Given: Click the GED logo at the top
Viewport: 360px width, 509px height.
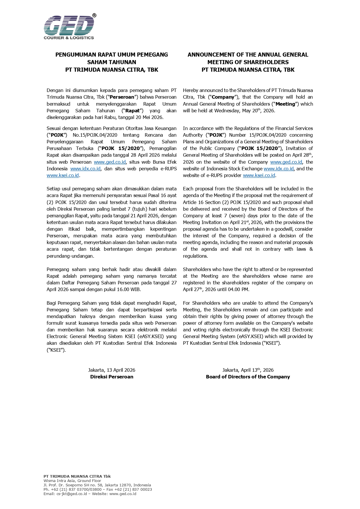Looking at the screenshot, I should coord(69,26).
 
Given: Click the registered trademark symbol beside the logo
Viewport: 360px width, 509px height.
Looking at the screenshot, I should coord(94,15).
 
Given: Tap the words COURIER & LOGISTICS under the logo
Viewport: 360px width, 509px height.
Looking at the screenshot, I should coord(69,38).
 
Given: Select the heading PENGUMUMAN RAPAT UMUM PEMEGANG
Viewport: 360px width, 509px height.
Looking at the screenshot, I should coord(112,55).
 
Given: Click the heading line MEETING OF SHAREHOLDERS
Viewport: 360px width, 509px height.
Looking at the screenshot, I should coord(248,62).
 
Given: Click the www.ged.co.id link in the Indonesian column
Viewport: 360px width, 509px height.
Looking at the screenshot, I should coord(110,162).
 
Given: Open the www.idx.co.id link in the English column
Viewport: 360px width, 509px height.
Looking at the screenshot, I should coord(278,169).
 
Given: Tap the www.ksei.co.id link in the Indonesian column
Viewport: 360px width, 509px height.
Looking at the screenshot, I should coord(63,175).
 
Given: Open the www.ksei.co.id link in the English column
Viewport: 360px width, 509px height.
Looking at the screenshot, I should coord(259,175).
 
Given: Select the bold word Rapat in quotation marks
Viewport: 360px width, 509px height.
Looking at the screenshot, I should coord(132,111).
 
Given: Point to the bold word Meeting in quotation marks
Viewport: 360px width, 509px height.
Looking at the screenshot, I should coord(285,104).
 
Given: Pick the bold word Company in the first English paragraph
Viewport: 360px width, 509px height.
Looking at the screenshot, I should coord(223,97).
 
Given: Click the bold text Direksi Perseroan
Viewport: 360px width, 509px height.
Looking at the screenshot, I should coord(112,377).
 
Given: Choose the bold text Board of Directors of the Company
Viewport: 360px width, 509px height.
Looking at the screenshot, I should coord(248,377).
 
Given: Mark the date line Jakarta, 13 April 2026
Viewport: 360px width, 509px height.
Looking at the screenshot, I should coord(112,370).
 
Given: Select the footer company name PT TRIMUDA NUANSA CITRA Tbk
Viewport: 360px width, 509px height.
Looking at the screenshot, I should coord(77,476).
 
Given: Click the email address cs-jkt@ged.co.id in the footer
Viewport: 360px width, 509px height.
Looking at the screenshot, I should coord(72,494).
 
